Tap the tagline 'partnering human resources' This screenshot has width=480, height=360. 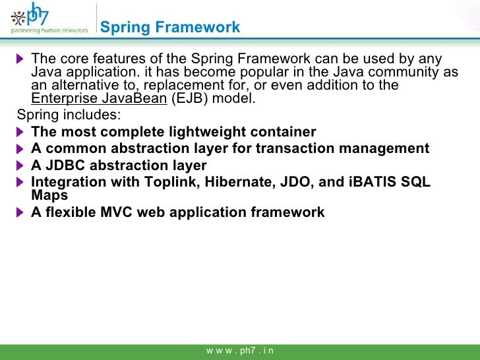(49, 30)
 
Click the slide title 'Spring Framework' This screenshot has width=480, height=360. (170, 28)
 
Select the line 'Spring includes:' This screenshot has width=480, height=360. (69, 116)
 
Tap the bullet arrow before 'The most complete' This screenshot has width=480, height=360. (21, 133)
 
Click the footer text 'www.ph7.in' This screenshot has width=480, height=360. (240, 351)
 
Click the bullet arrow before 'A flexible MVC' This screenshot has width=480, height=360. (21, 212)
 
